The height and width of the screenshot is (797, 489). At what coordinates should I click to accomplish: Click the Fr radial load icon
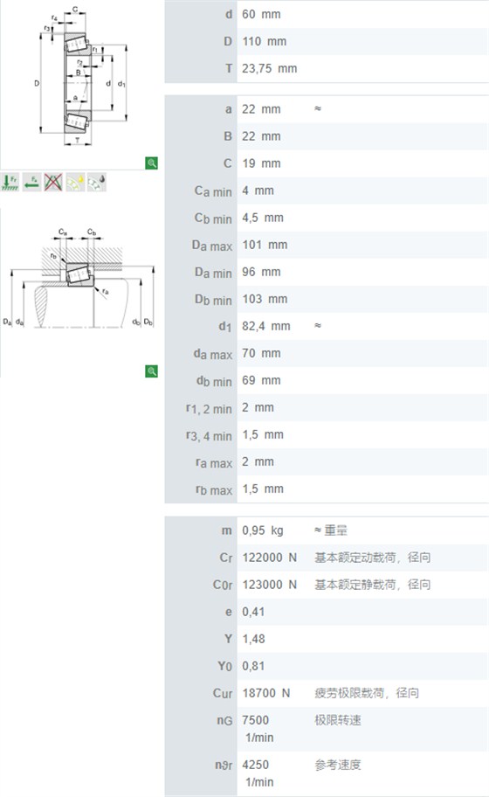10,182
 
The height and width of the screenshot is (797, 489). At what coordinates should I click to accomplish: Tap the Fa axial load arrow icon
32,182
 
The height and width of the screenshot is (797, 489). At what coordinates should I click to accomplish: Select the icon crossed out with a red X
53,182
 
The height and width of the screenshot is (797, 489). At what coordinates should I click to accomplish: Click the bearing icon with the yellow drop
75,182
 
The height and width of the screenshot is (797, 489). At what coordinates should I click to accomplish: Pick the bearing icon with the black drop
96,182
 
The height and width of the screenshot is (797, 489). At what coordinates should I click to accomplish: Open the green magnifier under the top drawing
151,163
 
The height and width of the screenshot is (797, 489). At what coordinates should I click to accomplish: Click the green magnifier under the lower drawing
151,371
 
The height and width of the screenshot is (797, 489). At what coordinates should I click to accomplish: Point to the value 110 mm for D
264,41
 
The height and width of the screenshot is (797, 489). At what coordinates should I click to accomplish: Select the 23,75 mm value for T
269,68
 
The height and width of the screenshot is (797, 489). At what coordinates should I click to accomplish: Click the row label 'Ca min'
213,191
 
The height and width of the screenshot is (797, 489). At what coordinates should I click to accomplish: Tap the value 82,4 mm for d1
266,326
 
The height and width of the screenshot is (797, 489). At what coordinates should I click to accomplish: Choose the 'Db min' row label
213,300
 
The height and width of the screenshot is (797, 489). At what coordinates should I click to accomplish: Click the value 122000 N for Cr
269,557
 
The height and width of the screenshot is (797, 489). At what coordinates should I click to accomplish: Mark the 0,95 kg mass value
263,530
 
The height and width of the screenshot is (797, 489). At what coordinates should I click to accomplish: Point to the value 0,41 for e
253,612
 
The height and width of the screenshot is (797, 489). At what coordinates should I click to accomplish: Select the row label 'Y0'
225,666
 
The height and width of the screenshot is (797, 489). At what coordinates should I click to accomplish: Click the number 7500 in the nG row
256,720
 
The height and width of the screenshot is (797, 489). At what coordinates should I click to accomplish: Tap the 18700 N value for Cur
266,693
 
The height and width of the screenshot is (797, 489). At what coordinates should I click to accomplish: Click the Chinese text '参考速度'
338,765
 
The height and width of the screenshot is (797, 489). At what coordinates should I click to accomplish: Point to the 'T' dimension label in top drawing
77,141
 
